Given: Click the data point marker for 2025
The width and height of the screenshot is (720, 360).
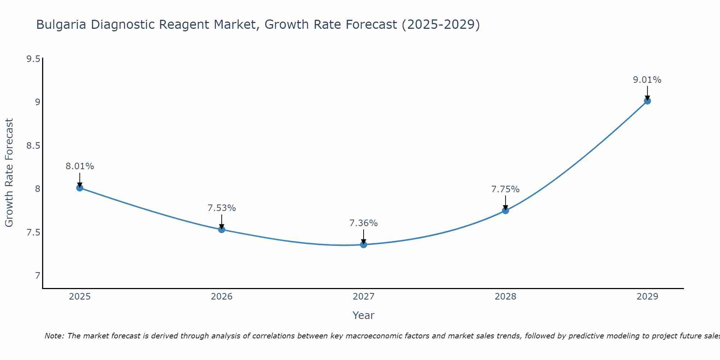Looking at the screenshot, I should (x=80, y=188).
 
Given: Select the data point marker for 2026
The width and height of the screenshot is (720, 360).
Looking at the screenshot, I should (x=221, y=229).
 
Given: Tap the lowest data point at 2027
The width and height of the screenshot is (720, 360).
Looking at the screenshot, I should (x=364, y=244).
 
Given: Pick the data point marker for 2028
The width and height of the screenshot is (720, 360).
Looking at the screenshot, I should (x=505, y=210).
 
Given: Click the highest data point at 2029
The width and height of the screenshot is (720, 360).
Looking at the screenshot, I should (x=647, y=101).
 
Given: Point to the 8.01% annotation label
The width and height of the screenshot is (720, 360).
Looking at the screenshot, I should (x=80, y=166).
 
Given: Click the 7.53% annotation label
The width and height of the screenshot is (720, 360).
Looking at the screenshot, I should (x=221, y=208).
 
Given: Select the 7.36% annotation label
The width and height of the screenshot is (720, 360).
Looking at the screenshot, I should (x=364, y=223).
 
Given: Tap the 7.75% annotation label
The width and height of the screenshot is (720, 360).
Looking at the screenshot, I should (x=505, y=189).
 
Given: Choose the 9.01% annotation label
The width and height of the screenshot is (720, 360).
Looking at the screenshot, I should (x=647, y=80).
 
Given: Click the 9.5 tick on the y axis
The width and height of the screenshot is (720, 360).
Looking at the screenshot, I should (x=33, y=59).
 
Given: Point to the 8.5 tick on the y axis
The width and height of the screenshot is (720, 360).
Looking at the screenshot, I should (x=33, y=146).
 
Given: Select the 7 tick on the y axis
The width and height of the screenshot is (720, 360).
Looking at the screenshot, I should (x=37, y=276).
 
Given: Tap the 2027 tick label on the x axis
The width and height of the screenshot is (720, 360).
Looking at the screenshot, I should (x=364, y=297).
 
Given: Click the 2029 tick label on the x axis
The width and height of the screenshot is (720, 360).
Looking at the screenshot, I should (x=647, y=297).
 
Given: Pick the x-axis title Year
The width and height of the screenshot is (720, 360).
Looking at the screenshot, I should (x=364, y=315).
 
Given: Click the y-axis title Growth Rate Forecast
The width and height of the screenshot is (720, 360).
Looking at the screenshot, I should (x=9, y=173).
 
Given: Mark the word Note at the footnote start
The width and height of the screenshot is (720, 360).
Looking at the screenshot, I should (x=54, y=336).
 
